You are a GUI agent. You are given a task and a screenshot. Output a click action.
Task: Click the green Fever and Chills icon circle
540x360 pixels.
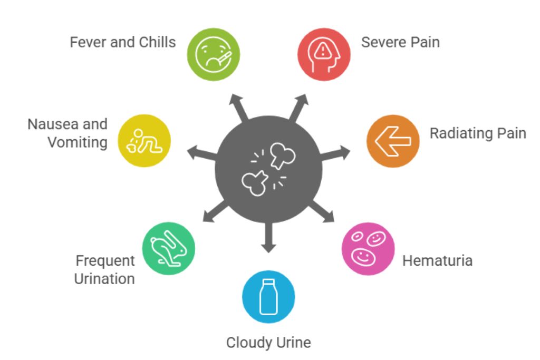coord(214,54)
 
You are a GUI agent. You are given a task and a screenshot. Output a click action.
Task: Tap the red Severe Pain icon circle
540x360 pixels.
coord(324,54)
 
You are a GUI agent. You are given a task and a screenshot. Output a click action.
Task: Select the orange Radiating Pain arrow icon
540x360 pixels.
coord(393,141)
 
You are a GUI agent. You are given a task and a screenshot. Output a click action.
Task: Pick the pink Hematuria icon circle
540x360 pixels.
coord(368,248)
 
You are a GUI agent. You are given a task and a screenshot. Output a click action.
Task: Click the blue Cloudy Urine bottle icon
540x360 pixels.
coord(268,296)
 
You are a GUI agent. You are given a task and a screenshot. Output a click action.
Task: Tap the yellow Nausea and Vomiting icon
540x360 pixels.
coord(144,141)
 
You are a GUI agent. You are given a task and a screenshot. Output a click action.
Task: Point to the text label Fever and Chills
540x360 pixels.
coord(123,42)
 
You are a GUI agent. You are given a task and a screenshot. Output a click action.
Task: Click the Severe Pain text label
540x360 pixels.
coord(400,42)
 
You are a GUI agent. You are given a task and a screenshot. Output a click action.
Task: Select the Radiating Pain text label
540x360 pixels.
coord(478,133)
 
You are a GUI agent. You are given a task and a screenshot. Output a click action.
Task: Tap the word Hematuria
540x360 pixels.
coord(437,260)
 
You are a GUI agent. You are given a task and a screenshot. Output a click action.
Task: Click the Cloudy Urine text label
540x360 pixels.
coord(268,343)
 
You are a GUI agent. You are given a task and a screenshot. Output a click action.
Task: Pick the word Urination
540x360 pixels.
coord(104,278)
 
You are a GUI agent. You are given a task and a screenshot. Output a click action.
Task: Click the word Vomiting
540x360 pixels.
coord(78,142)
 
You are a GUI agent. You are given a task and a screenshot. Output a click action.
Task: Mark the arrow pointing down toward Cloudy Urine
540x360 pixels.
coord(268,240)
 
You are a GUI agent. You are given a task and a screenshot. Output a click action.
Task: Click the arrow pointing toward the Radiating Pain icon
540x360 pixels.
coord(337,153)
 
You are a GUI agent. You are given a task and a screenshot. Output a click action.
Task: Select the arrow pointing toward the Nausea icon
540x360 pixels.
coord(199,153)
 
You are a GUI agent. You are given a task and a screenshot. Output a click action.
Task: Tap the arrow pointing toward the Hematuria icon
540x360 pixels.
coord(323,212)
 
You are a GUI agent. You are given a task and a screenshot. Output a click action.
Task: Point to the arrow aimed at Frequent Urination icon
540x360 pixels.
coord(214,212)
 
